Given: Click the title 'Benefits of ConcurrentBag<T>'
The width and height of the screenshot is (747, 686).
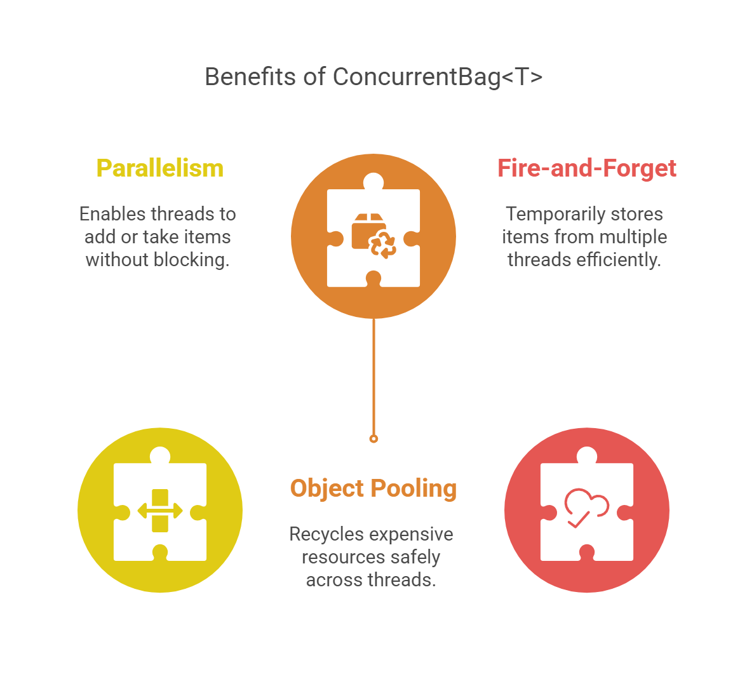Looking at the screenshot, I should pos(373,77).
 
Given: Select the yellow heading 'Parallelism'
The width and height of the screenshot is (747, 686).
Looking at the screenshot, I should pos(159,168).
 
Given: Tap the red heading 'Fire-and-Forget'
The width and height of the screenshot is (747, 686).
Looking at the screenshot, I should pos(587,168).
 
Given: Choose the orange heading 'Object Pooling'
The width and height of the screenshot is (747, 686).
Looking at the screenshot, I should pos(373,488).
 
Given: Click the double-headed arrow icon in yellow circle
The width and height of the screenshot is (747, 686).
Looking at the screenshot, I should pos(160,511).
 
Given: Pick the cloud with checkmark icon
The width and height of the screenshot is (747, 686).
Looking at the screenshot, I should pos(586,507).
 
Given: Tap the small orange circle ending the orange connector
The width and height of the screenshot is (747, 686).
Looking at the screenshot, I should pos(373,438).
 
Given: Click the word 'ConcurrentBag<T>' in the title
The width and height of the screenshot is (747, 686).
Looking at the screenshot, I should pos(438,77).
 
